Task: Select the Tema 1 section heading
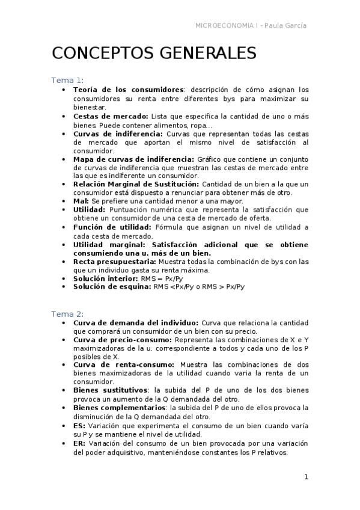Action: pos(67,81)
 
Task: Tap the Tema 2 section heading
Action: pos(67,314)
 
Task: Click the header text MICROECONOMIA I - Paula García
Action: pos(251,25)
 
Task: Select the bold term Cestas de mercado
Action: pos(111,115)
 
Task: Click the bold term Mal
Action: pos(81,200)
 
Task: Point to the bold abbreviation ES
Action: pos(79,425)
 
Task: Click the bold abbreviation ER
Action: pos(79,443)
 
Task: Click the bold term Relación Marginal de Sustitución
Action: pos(136,183)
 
